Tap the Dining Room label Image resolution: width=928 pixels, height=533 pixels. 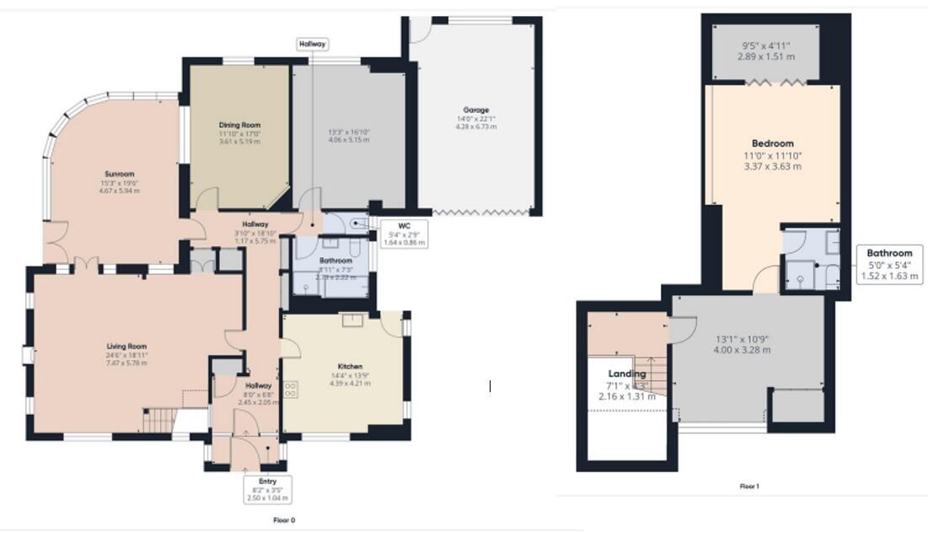tap(239, 125)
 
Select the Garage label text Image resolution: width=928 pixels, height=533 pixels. tap(475, 110)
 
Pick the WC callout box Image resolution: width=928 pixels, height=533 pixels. tap(405, 234)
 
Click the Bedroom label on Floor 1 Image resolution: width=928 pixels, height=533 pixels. tap(772, 143)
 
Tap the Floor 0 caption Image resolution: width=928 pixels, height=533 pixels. tap(284, 520)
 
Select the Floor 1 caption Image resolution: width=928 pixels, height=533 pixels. tap(749, 487)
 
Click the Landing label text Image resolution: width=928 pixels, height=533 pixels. tap(627, 374)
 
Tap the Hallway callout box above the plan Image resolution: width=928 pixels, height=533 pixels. tap(312, 43)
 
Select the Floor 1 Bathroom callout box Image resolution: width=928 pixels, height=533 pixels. tap(890, 264)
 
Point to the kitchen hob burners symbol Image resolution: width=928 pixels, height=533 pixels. tap(292, 390)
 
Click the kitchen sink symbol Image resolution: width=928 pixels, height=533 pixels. tap(351, 320)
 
